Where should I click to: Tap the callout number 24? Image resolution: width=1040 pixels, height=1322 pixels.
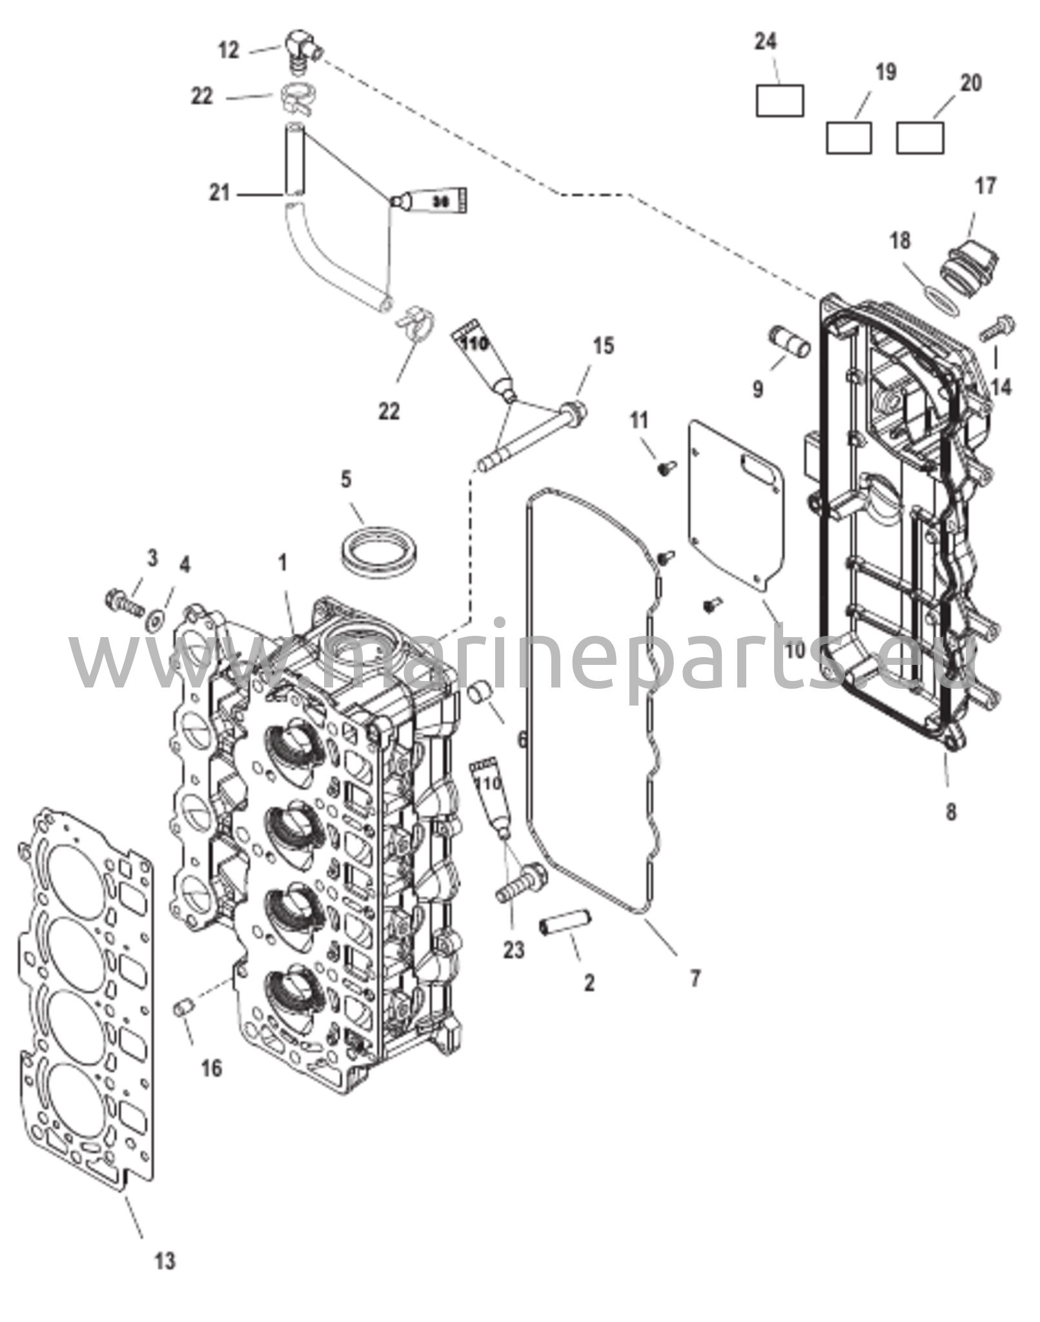[x=766, y=42]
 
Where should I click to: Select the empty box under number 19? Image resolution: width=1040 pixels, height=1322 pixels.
[x=849, y=137]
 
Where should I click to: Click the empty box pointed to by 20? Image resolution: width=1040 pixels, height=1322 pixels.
[x=920, y=137]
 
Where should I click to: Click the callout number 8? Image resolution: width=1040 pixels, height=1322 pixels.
[x=951, y=811]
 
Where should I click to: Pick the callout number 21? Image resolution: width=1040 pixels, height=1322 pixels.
[x=219, y=192]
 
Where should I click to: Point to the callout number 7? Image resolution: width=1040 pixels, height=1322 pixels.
[x=695, y=979]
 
